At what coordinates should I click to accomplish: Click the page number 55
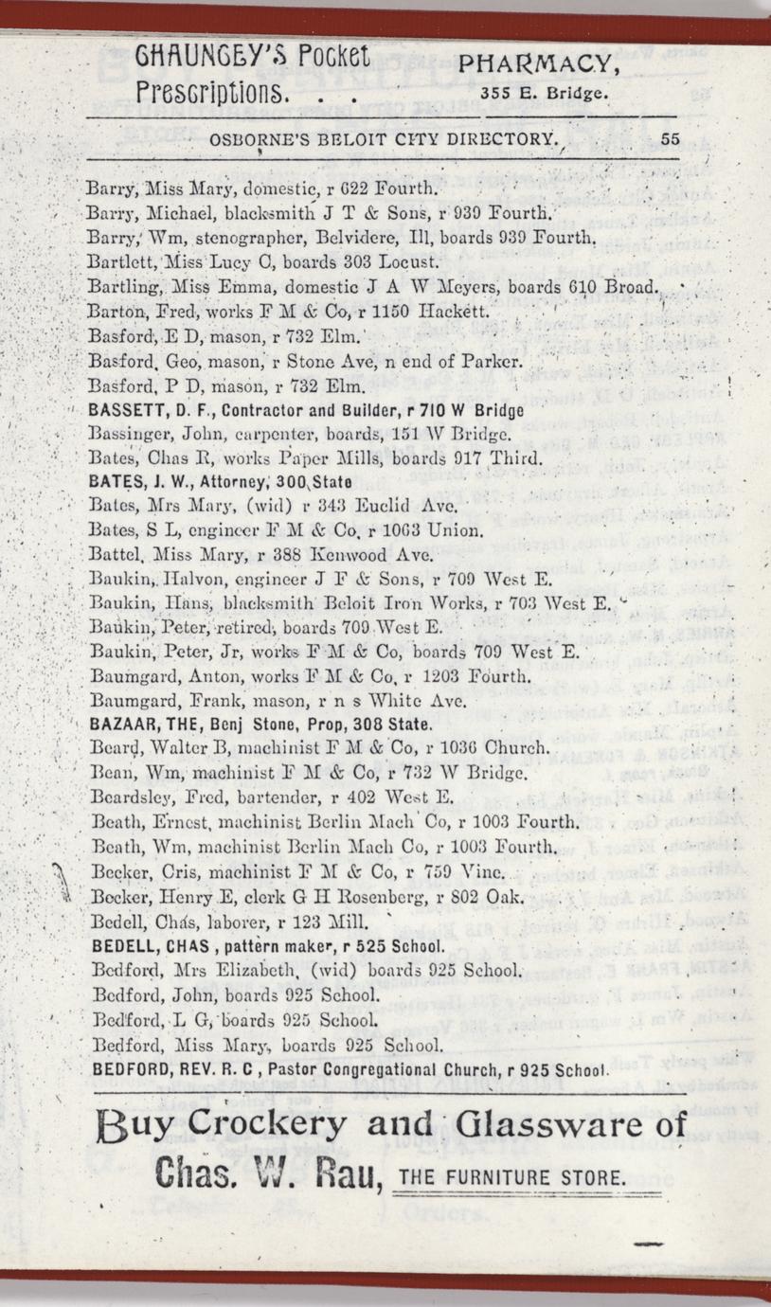point(671,137)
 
